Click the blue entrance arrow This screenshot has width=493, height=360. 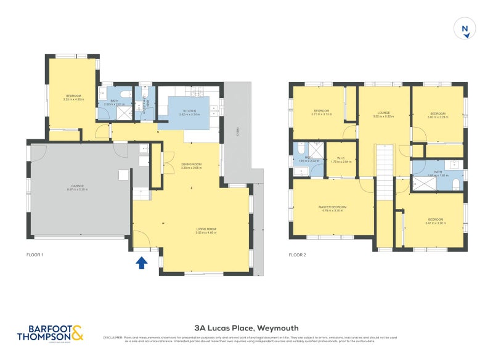(x=141, y=263)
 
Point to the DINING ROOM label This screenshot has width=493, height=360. (x=192, y=164)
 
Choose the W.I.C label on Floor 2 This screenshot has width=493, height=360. (x=340, y=158)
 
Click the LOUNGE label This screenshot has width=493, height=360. (x=384, y=113)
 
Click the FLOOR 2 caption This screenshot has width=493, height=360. (x=299, y=255)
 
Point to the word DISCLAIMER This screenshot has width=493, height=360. (x=113, y=337)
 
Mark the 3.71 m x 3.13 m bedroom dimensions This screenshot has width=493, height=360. (x=321, y=115)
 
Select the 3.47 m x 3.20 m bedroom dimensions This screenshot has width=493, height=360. (x=436, y=223)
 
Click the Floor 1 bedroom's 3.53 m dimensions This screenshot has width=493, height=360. (x=73, y=99)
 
